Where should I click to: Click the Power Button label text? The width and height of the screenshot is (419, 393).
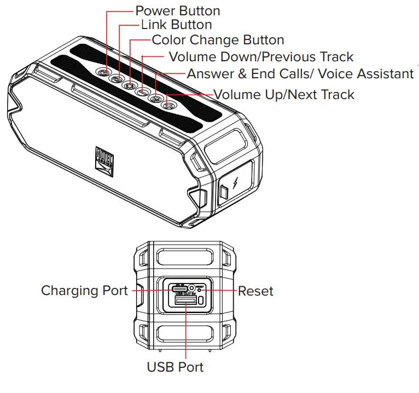(x=177, y=10)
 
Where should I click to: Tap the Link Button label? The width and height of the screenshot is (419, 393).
(x=176, y=25)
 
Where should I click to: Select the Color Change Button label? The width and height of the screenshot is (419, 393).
(x=218, y=40)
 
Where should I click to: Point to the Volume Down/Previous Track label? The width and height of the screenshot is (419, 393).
(x=261, y=57)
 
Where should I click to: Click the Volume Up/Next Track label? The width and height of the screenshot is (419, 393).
(x=284, y=95)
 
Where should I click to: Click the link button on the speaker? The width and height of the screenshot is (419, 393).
(x=116, y=79)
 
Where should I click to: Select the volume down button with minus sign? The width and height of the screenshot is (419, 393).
(x=142, y=92)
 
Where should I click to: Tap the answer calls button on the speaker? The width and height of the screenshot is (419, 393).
(x=156, y=99)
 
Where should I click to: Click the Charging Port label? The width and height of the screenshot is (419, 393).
(x=84, y=290)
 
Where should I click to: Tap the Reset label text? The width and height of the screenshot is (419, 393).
(x=255, y=291)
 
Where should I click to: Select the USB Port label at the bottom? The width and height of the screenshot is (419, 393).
(x=175, y=367)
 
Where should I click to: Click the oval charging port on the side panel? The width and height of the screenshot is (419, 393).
(x=179, y=288)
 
